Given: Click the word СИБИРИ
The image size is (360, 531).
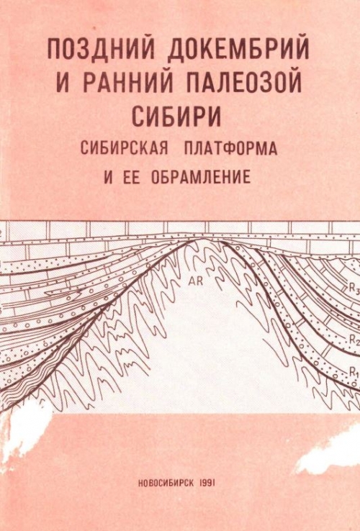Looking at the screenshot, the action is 176,116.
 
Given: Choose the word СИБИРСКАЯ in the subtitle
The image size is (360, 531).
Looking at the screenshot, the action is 124,147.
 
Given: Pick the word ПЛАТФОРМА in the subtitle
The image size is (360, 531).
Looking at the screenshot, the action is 230,147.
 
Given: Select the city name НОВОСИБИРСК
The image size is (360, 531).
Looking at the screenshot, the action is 167,484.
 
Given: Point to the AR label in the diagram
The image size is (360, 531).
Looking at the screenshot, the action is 197,281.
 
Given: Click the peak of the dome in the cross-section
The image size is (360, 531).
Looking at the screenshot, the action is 203,238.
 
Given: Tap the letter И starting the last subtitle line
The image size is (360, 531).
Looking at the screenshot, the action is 109,177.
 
